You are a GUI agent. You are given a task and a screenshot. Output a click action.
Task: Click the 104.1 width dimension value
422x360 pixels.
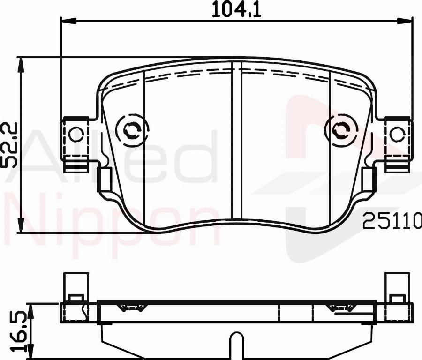[236, 9]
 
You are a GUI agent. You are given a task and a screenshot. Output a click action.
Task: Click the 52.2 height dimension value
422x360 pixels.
[10, 145]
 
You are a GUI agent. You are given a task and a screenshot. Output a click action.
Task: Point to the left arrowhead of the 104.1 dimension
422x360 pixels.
[68, 20]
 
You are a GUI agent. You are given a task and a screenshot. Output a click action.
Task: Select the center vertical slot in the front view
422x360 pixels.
[237, 141]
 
